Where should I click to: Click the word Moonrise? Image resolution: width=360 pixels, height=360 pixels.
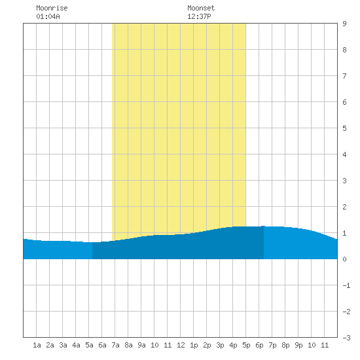pyautogui.click(x=52, y=8)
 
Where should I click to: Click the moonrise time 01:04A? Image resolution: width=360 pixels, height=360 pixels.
pyautogui.click(x=48, y=16)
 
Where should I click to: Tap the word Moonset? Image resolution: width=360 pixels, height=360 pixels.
pyautogui.click(x=201, y=8)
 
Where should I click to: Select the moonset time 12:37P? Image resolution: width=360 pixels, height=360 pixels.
pyautogui.click(x=199, y=16)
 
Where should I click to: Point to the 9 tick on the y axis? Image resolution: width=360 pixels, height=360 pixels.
pyautogui.click(x=344, y=24)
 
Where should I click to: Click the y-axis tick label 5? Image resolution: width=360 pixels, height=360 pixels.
pyautogui.click(x=344, y=128)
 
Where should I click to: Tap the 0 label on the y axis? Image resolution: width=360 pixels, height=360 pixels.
pyautogui.click(x=344, y=259)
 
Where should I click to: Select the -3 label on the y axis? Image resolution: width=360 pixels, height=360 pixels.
pyautogui.click(x=346, y=338)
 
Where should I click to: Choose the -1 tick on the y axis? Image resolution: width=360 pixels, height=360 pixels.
pyautogui.click(x=346, y=285)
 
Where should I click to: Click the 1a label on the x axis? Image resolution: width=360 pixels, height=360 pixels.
pyautogui.click(x=37, y=345)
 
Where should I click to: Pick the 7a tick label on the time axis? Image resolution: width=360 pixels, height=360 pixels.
pyautogui.click(x=115, y=345)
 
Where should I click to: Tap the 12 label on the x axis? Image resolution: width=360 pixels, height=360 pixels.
pyautogui.click(x=181, y=345)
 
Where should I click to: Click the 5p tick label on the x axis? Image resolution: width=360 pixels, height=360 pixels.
pyautogui.click(x=246, y=345)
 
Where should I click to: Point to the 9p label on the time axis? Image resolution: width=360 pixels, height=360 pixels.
pyautogui.click(x=298, y=345)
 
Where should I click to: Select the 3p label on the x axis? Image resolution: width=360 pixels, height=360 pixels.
pyautogui.click(x=220, y=345)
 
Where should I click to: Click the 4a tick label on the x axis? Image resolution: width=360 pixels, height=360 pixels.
pyautogui.click(x=76, y=345)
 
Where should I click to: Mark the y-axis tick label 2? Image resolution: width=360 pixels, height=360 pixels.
pyautogui.click(x=344, y=207)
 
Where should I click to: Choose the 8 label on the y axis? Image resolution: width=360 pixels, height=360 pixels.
pyautogui.click(x=344, y=50)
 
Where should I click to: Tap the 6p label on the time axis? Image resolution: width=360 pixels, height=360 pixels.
pyautogui.click(x=259, y=345)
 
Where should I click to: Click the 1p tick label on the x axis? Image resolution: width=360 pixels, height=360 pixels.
pyautogui.click(x=194, y=345)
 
